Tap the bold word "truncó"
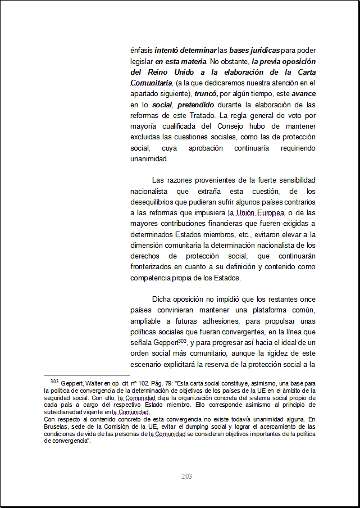[206, 94]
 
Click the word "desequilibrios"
[155, 202]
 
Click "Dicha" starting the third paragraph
[162, 299]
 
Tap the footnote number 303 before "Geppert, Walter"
[54, 381]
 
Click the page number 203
[187, 477]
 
